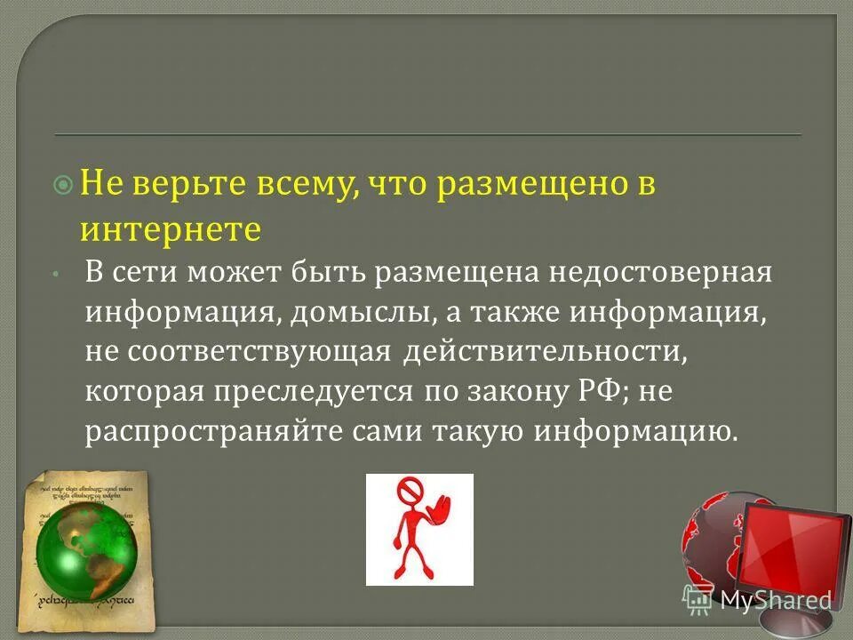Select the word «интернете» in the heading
[171, 229]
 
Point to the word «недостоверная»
[659, 272]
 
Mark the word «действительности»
[546, 353]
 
